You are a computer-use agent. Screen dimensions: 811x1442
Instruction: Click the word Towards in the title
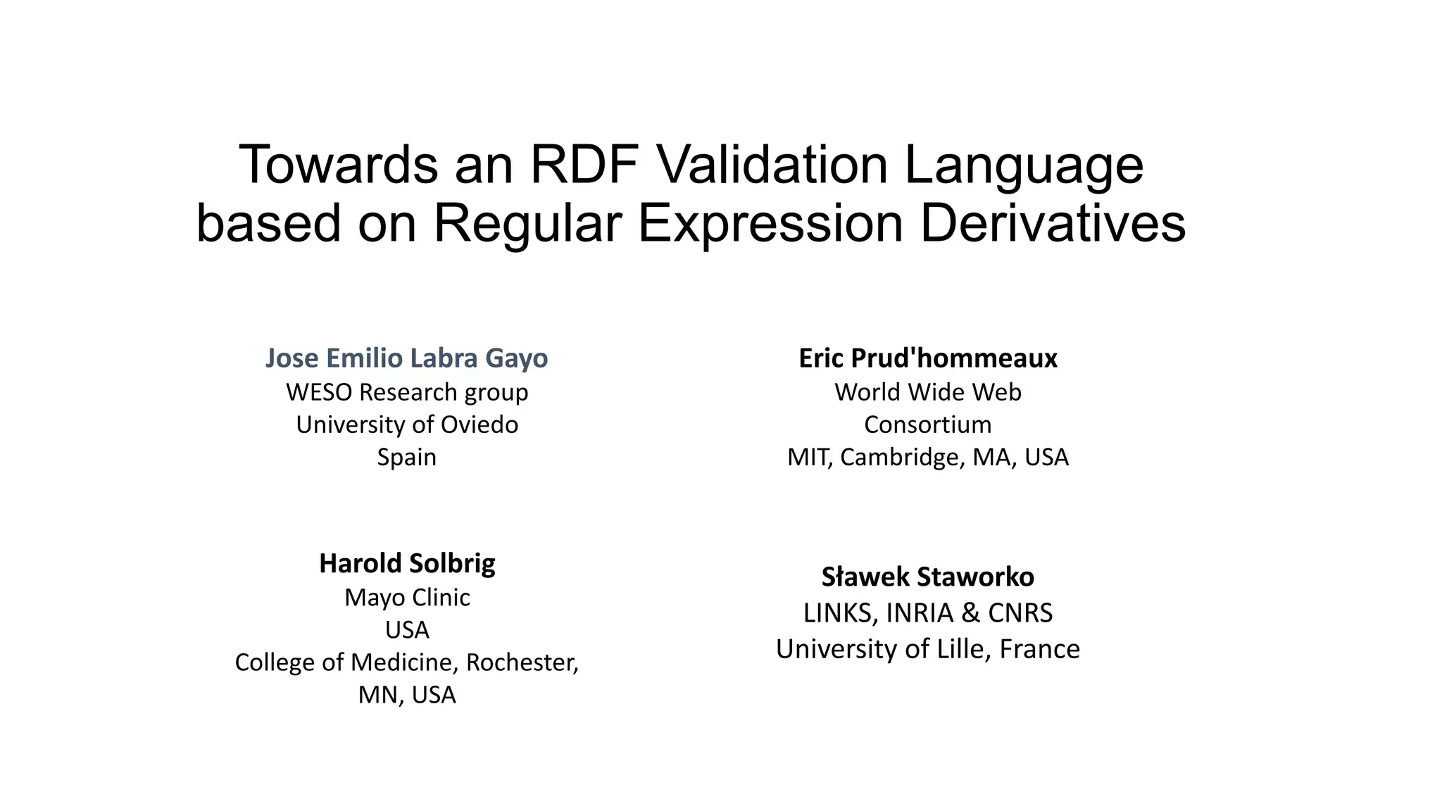point(339,165)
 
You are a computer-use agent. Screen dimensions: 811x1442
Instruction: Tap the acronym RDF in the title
point(584,165)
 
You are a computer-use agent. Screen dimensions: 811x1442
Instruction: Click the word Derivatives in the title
point(1053,223)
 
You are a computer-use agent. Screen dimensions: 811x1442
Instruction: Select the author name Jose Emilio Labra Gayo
point(406,358)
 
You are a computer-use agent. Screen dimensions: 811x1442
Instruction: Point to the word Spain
point(406,458)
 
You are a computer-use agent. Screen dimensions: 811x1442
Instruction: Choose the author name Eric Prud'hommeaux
point(927,358)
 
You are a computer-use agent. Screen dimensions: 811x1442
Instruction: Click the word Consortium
point(927,425)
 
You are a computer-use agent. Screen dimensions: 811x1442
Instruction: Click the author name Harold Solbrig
point(407,563)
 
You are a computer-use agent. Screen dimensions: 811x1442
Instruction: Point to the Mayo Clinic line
point(407,597)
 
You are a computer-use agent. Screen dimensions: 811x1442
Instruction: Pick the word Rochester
point(522,662)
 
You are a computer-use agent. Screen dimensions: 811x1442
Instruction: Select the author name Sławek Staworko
point(927,577)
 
